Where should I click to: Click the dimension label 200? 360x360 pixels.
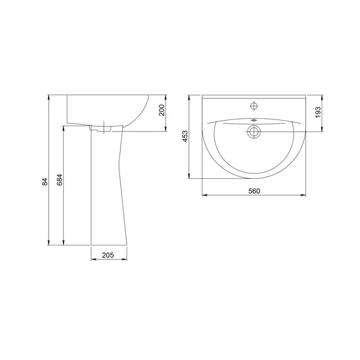pos(162,110)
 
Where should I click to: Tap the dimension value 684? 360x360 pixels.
pos(59,180)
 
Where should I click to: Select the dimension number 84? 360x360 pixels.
pos(45,182)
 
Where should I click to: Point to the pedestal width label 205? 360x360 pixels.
pos(108,255)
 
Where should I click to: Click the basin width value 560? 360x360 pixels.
pos(254,191)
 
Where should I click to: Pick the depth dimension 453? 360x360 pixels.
pos(185,136)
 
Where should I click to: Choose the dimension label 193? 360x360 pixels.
pos(318,112)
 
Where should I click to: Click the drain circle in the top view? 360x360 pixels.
pos(254,132)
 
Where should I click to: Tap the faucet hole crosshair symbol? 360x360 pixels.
pos(254,106)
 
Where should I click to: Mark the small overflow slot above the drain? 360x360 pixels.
pos(254,120)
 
